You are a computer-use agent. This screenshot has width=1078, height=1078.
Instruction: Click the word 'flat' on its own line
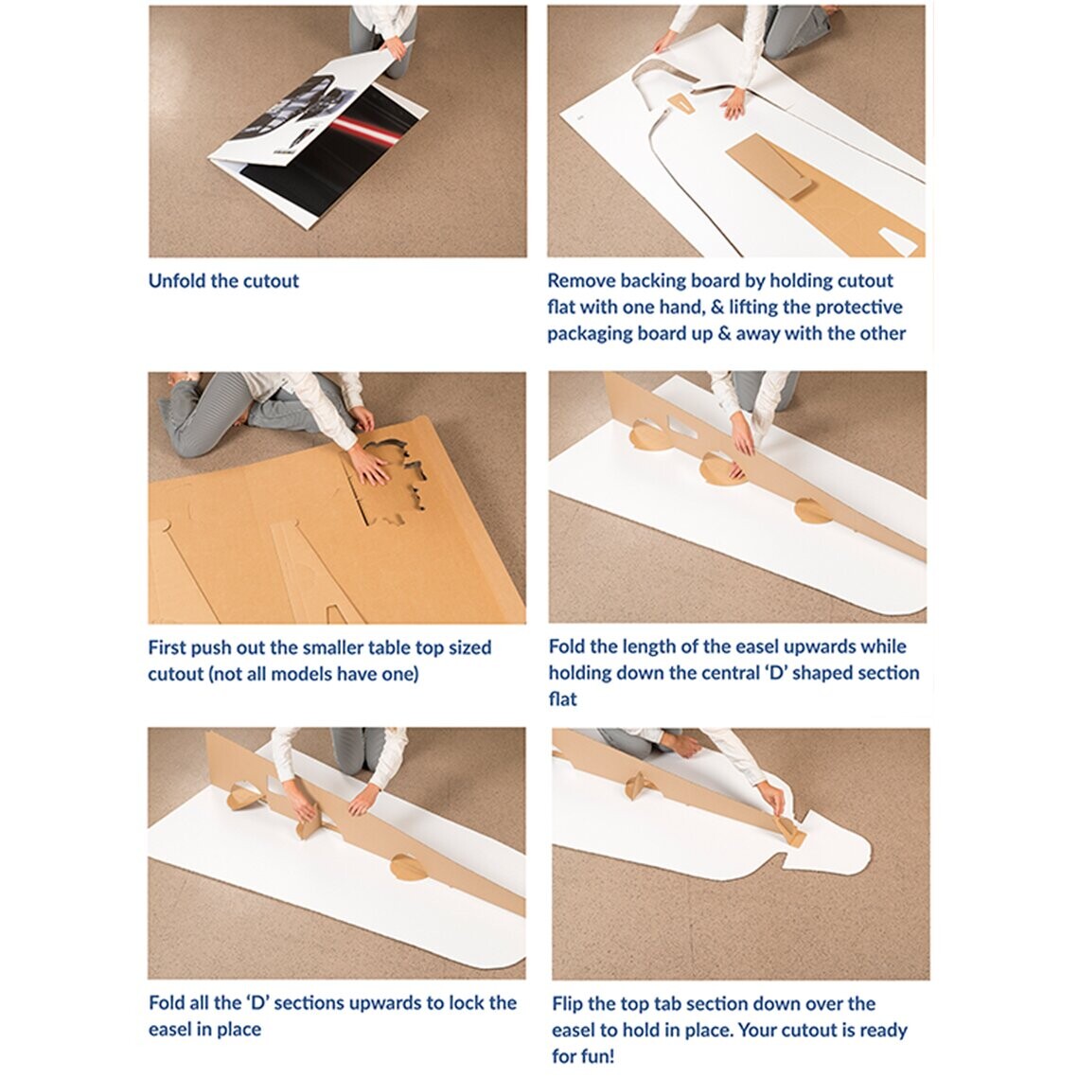[x=562, y=698]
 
